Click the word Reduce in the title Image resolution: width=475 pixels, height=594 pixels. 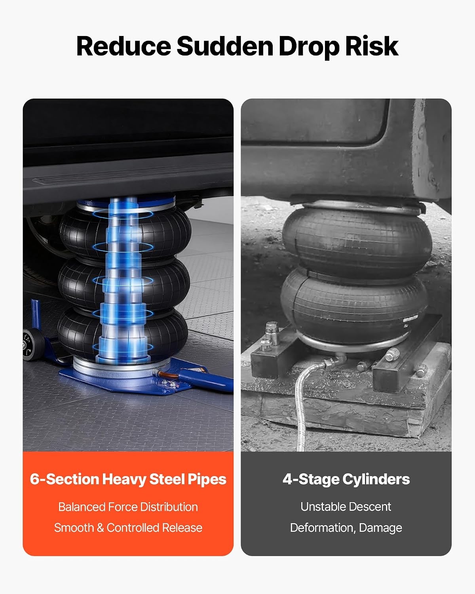point(123,46)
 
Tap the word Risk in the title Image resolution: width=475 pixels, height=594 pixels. point(372,46)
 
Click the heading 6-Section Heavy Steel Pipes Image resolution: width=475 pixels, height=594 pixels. point(128,479)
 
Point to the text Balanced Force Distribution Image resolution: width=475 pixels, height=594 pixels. point(128,507)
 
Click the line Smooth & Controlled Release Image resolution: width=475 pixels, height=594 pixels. point(128,528)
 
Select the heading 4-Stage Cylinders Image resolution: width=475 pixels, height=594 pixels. point(346,479)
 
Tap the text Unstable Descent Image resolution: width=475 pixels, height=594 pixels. point(346,507)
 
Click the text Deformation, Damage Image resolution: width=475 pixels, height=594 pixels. point(346,528)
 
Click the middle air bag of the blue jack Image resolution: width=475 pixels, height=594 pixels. point(124,284)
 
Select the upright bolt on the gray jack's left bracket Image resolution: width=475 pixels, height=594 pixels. point(272,333)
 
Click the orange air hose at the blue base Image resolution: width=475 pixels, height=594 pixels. point(168,375)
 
